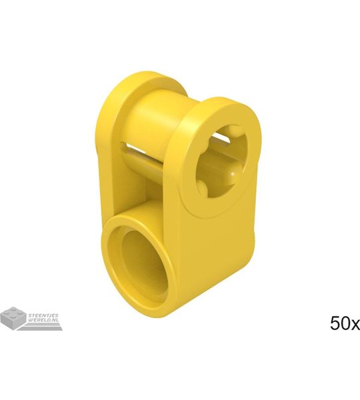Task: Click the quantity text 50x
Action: [345, 323]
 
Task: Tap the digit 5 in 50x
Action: [335, 323]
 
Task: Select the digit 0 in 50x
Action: [345, 323]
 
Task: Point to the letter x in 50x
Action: [355, 325]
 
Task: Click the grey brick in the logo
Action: [13, 316]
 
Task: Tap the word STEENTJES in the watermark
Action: [43, 315]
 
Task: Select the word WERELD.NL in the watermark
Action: [43, 319]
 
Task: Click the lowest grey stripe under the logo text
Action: [41, 329]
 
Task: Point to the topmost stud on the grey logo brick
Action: [12, 309]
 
